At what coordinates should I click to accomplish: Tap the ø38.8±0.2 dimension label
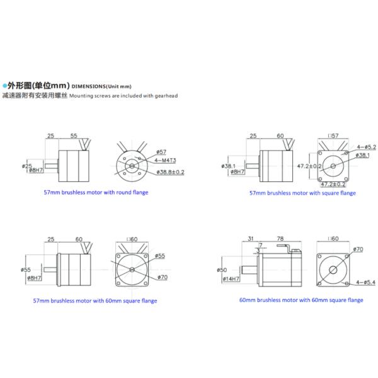pyautogui.click(x=169, y=171)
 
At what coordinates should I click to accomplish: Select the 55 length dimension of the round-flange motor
pyautogui.click(x=74, y=135)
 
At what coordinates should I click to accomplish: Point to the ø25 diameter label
pyautogui.click(x=27, y=166)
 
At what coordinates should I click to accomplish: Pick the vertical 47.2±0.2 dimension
pyautogui.click(x=309, y=166)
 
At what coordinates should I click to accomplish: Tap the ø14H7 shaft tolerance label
pyautogui.click(x=231, y=278)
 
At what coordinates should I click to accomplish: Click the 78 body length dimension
pyautogui.click(x=278, y=239)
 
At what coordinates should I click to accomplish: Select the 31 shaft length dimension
pyautogui.click(x=250, y=239)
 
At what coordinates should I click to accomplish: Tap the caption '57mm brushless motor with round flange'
pyautogui.click(x=96, y=192)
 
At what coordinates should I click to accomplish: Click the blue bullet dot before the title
pyautogui.click(x=4, y=84)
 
